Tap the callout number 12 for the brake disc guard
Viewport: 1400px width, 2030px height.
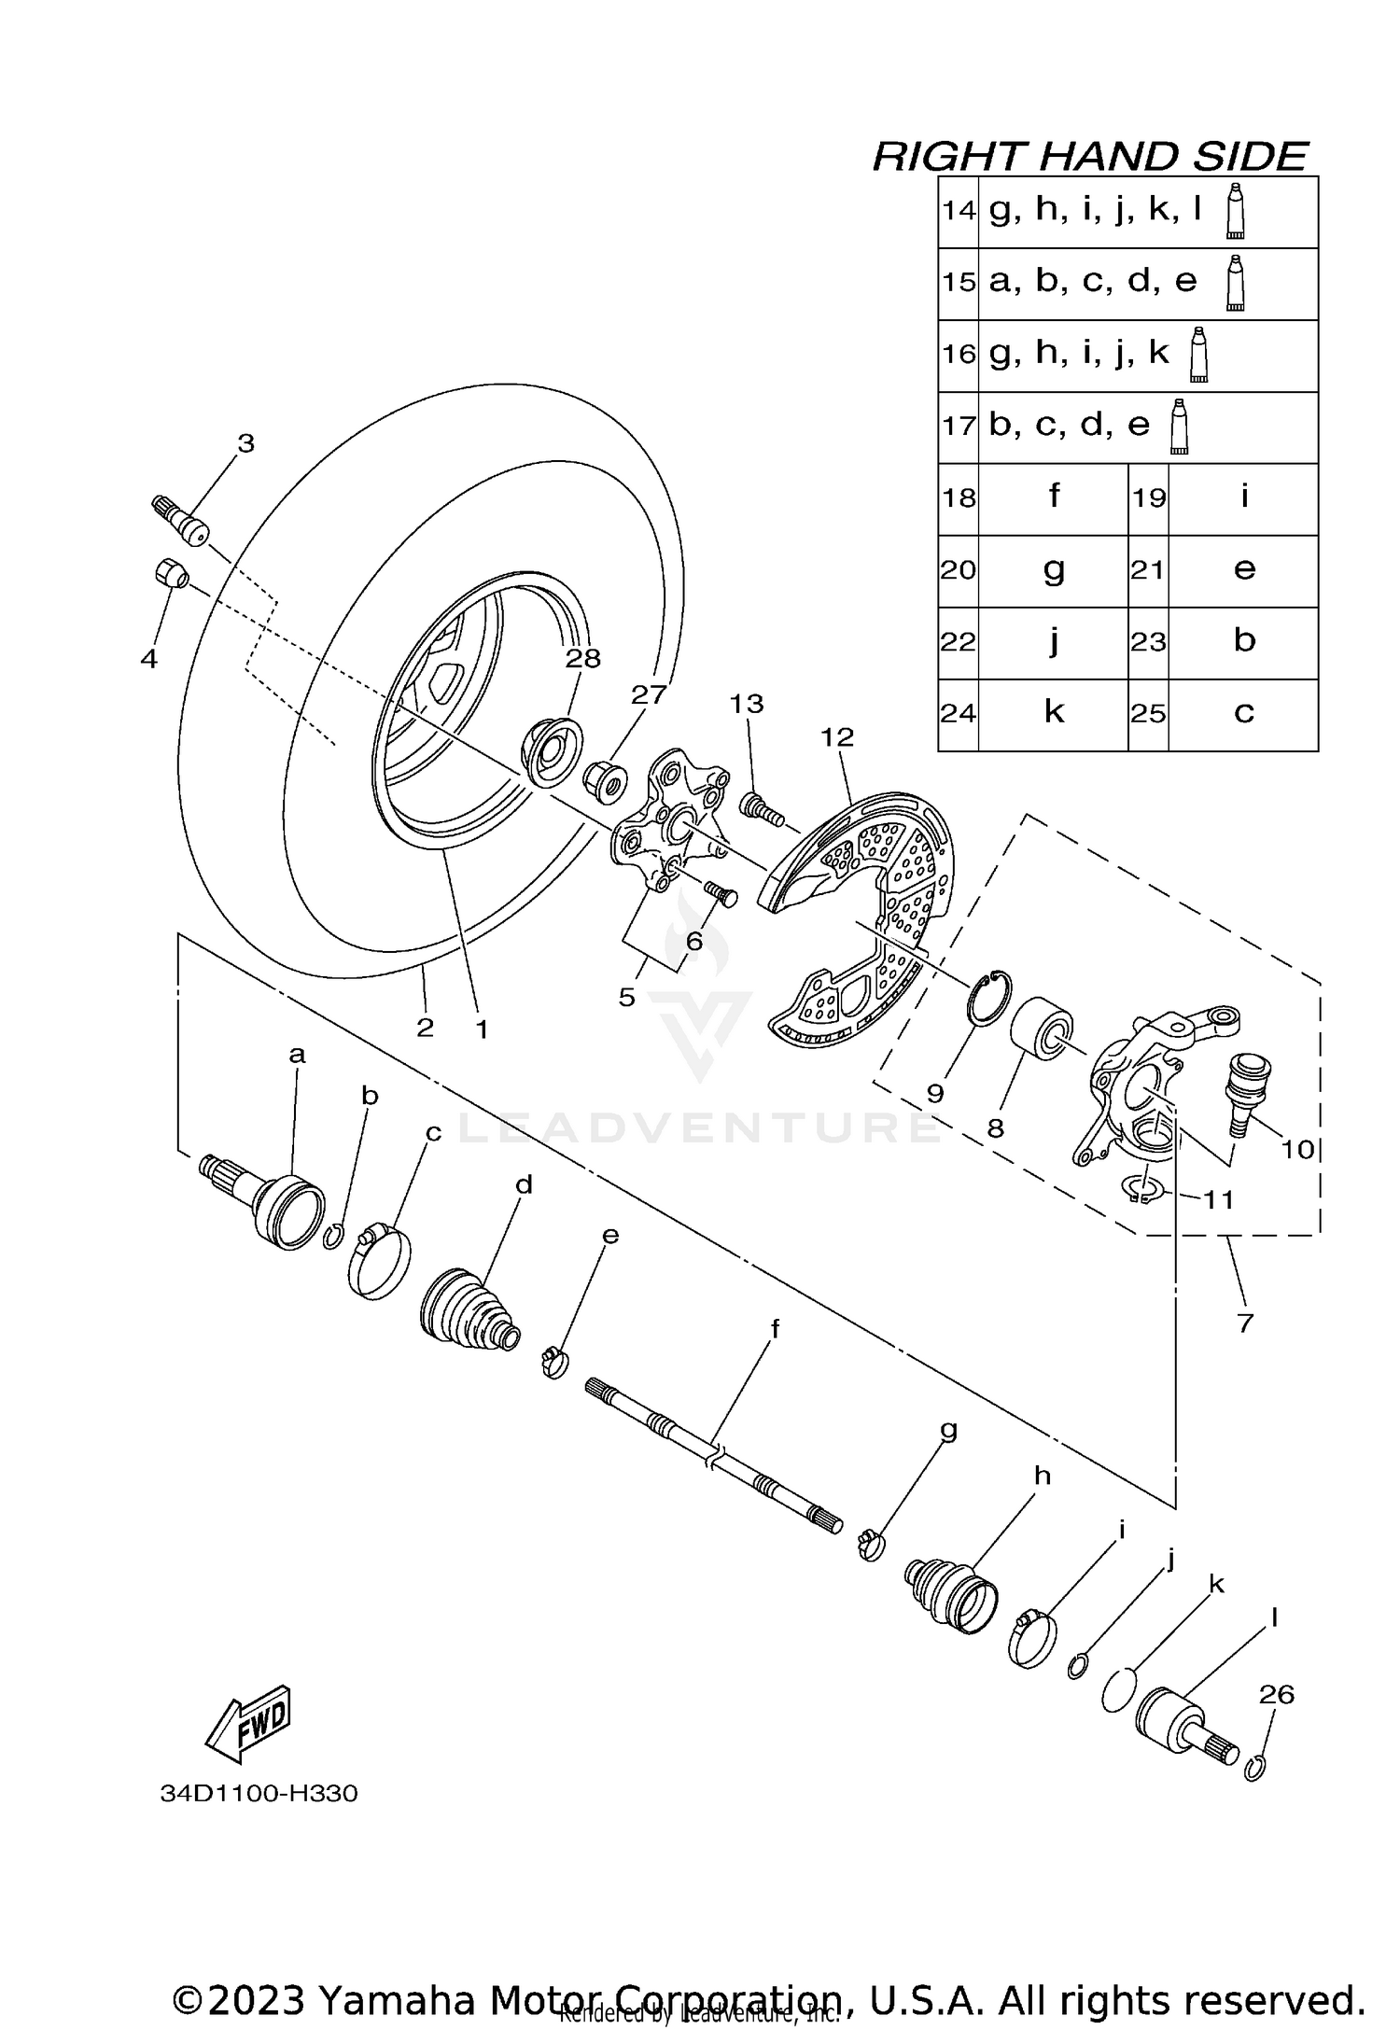click(836, 737)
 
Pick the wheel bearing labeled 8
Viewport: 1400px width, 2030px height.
click(1042, 1026)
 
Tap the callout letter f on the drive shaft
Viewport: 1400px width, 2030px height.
click(774, 1328)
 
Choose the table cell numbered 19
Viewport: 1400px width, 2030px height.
click(1148, 498)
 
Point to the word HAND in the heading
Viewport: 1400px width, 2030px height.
click(1097, 156)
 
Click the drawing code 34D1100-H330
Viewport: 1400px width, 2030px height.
click(259, 1793)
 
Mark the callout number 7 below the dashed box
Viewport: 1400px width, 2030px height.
click(1244, 1323)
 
